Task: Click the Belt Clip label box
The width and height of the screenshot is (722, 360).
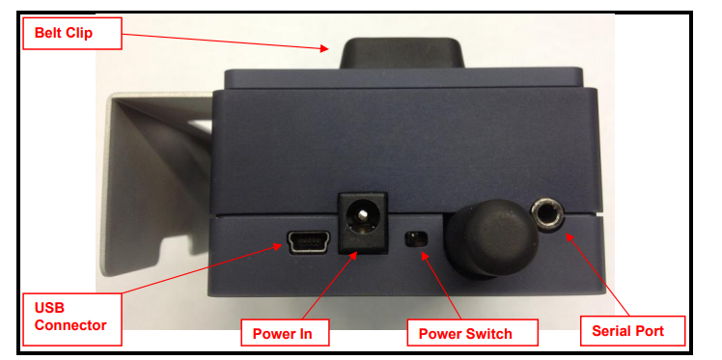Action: [72, 33]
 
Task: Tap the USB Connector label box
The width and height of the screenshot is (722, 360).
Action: [72, 319]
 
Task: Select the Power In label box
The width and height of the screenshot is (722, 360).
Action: [285, 332]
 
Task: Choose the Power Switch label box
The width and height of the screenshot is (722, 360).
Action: [472, 332]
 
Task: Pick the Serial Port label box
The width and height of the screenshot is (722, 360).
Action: [632, 331]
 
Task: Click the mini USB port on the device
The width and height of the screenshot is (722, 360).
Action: [308, 241]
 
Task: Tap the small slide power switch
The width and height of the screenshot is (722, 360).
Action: [416, 239]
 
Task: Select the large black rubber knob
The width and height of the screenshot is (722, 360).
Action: [491, 238]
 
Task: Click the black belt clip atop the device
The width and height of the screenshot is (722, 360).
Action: [401, 53]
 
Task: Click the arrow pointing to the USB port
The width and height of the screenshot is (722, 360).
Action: [202, 269]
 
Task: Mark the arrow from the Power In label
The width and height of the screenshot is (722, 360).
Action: [330, 285]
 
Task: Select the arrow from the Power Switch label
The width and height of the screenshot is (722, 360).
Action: [441, 285]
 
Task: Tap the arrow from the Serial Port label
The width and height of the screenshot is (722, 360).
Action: [599, 274]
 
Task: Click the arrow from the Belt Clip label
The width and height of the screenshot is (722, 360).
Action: [226, 42]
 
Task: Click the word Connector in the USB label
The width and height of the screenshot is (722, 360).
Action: [70, 325]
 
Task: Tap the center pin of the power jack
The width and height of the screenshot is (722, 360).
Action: [363, 213]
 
